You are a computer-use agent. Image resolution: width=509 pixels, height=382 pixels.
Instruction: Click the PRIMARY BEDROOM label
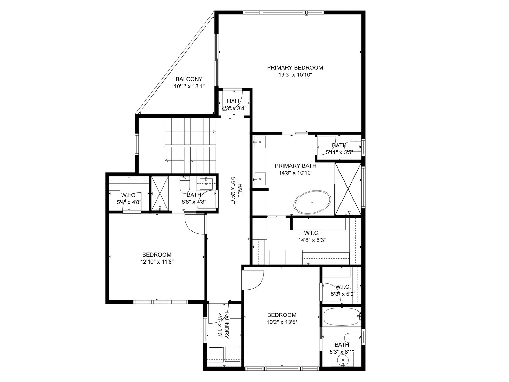(295, 68)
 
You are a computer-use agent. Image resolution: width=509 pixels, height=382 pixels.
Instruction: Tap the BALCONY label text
(189, 79)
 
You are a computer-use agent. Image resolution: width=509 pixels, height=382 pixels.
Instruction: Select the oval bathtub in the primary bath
(312, 202)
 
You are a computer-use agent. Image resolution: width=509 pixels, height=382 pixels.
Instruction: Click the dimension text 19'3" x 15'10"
(295, 75)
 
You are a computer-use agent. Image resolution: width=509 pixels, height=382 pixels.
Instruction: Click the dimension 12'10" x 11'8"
(157, 262)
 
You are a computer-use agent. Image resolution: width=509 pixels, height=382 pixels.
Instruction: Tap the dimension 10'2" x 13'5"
(282, 322)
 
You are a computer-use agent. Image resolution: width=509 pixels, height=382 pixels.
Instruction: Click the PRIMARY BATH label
(296, 166)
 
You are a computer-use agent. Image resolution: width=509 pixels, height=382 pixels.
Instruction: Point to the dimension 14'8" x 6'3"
(312, 240)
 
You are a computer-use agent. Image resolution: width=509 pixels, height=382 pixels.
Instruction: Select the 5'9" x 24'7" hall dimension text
(233, 190)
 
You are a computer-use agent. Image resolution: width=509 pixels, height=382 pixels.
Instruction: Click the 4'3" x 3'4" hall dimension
(234, 108)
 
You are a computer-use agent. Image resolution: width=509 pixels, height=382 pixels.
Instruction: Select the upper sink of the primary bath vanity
(260, 142)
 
